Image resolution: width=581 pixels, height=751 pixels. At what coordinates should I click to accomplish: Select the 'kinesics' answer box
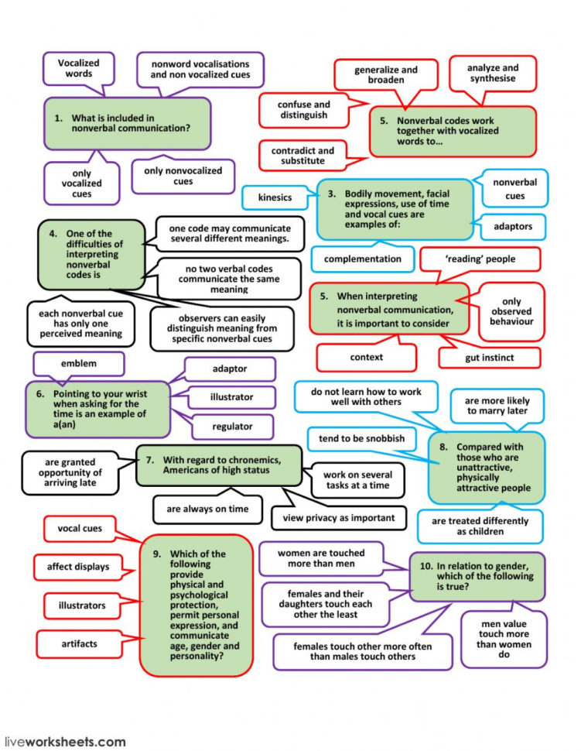(275, 197)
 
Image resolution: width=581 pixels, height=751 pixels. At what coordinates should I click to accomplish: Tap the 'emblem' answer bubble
(78, 363)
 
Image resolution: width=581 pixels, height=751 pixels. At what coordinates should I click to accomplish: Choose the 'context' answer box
(366, 357)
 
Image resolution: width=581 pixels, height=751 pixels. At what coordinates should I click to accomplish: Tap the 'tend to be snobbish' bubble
(361, 439)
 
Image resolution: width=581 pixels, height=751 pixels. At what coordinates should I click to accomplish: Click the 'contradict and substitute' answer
(302, 156)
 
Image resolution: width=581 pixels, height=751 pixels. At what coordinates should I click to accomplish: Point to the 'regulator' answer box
(232, 426)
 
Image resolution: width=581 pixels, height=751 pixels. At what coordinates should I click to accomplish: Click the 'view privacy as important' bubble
(338, 517)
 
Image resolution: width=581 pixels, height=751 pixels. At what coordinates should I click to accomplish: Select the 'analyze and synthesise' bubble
(493, 74)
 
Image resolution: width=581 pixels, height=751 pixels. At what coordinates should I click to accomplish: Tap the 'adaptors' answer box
(511, 228)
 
